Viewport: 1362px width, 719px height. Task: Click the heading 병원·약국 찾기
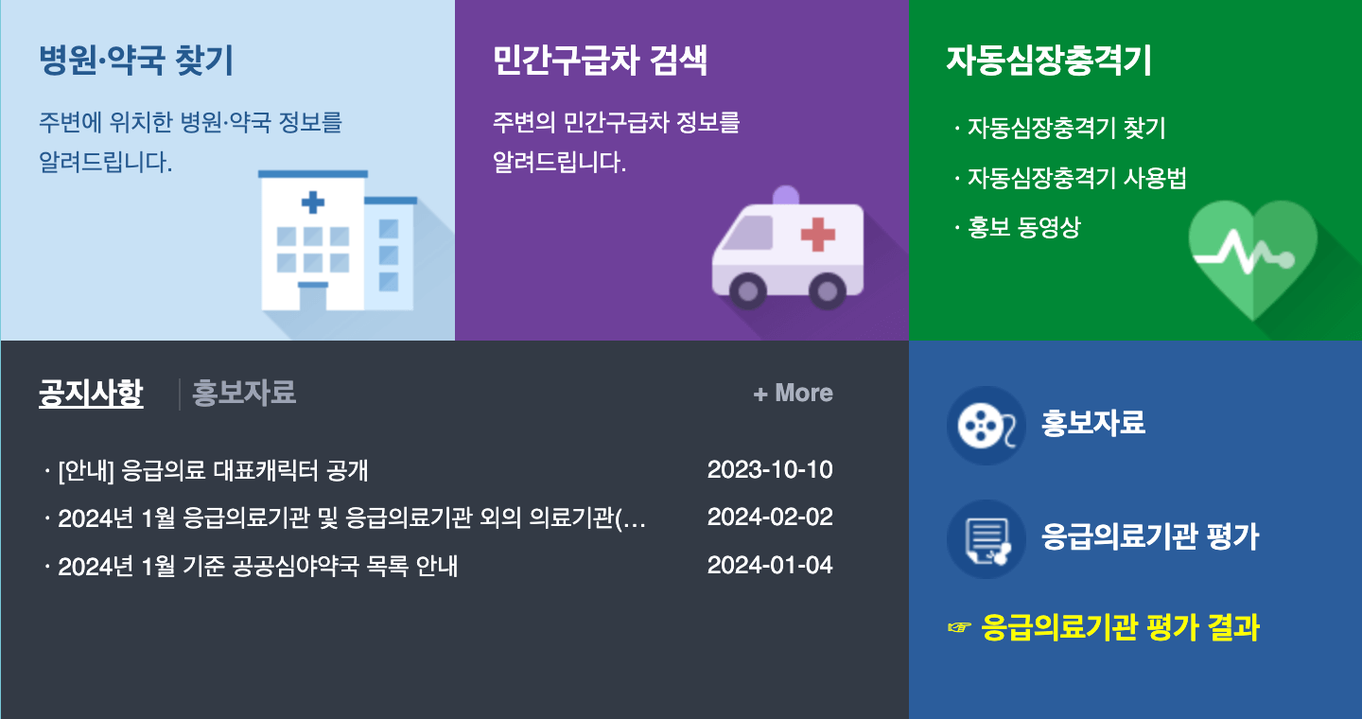[x=135, y=61]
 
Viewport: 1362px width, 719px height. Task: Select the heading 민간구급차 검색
[x=600, y=61]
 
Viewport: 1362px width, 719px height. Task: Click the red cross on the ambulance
[x=817, y=233]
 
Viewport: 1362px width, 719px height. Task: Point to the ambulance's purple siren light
[x=786, y=195]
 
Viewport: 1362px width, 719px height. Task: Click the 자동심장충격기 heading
[x=1049, y=61]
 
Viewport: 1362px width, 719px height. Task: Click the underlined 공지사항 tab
[x=91, y=393]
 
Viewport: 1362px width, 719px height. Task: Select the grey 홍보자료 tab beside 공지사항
[x=244, y=393]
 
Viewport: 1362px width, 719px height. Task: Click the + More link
[x=793, y=393]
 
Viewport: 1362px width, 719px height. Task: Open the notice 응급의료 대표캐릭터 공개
[x=212, y=470]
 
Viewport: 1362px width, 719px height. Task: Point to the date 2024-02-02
[x=770, y=517]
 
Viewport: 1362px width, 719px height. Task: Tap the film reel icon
[x=986, y=426]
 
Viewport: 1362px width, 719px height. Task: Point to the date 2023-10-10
[x=770, y=470]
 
